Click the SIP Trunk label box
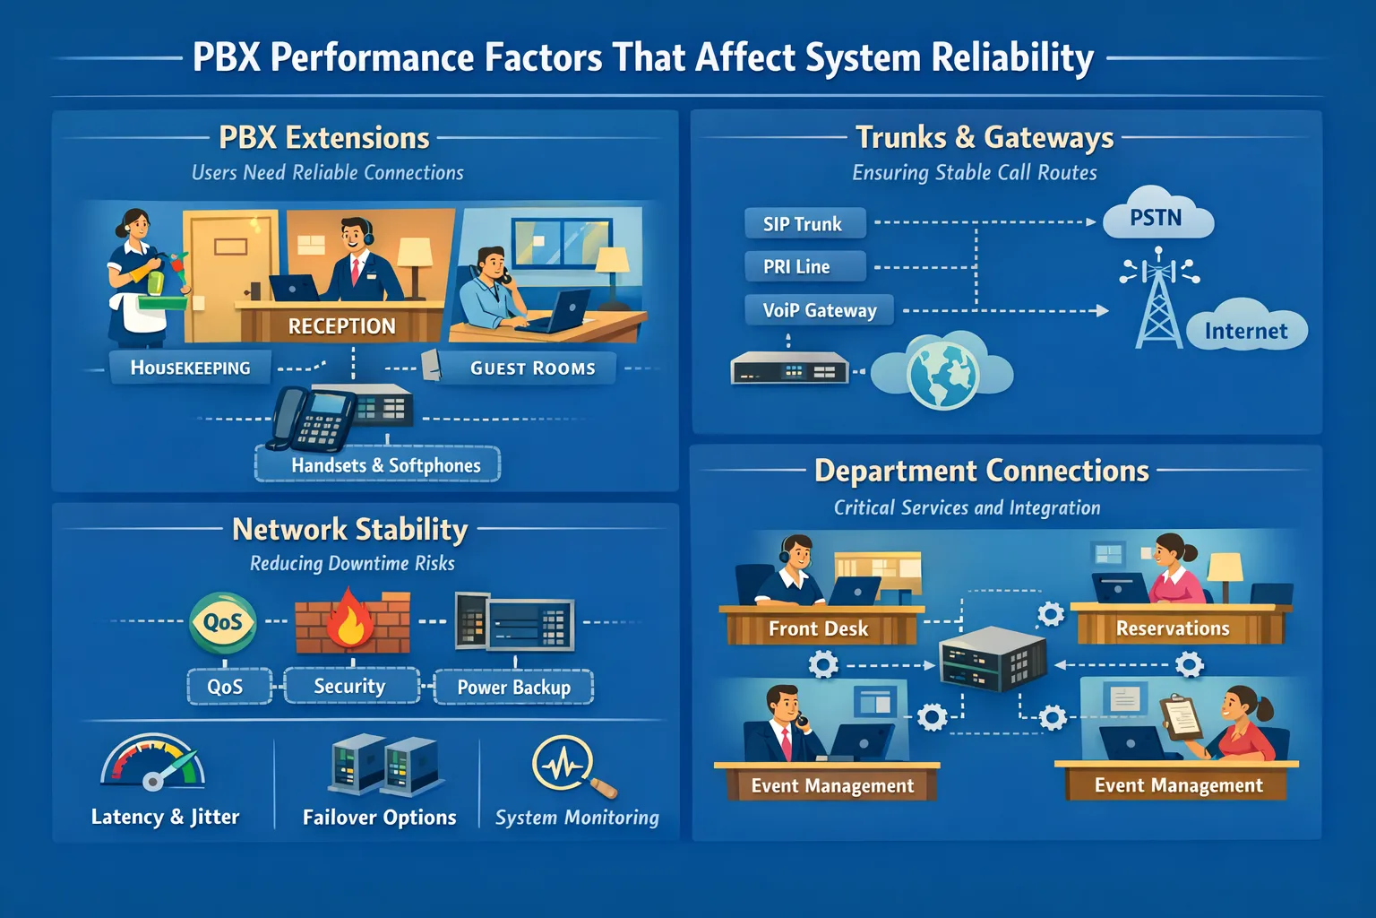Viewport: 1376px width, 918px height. tap(804, 223)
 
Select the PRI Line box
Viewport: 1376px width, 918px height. tap(804, 266)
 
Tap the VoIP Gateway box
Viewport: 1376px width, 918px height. tap(819, 310)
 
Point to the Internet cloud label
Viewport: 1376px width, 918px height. tap(1246, 331)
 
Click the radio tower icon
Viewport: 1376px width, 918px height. tap(1159, 300)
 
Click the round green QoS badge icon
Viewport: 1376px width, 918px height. tap(223, 621)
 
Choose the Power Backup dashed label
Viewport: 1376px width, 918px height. tap(513, 687)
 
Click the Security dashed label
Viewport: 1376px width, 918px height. tap(350, 686)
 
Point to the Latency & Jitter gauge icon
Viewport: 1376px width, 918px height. tap(153, 764)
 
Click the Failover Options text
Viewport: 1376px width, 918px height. tap(379, 817)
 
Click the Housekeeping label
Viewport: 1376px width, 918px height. tap(190, 368)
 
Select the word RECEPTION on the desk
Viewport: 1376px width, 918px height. tap(341, 326)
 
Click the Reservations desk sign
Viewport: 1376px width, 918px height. tap(1173, 628)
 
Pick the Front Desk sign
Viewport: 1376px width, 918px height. tap(818, 628)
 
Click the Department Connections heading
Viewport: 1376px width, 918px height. tap(981, 471)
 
